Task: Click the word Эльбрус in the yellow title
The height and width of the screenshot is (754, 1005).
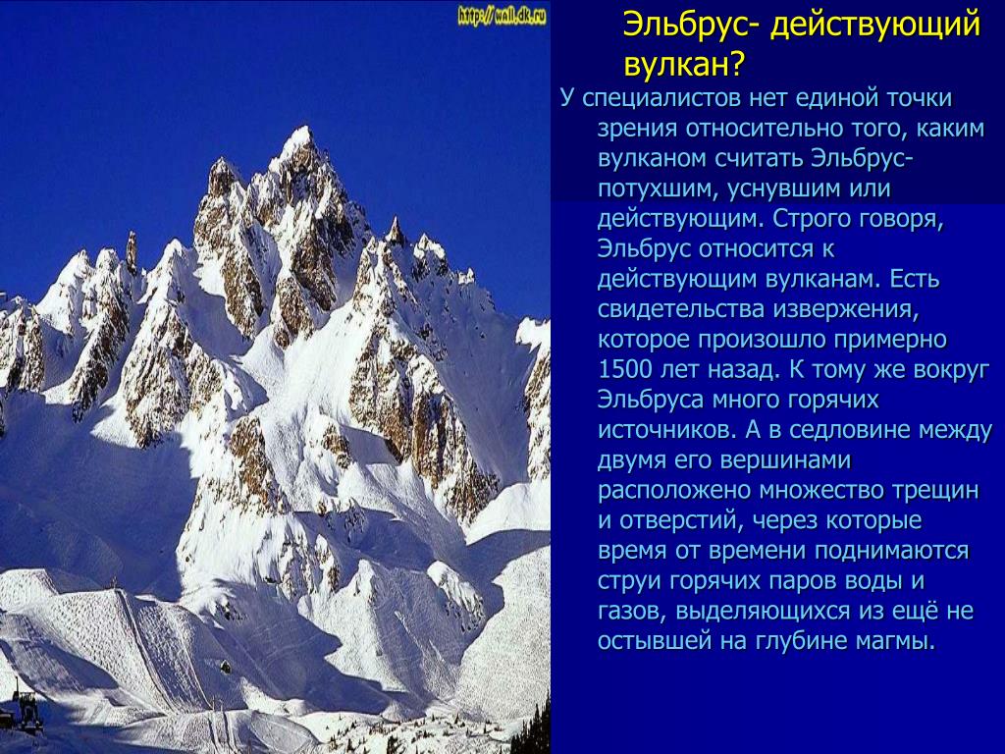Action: point(690,26)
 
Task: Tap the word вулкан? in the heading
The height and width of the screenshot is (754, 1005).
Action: point(684,65)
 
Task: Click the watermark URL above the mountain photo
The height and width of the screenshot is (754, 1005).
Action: point(502,17)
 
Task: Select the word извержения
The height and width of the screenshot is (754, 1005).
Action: point(846,310)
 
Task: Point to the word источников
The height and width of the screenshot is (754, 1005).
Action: point(666,430)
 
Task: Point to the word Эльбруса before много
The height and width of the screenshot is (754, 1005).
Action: point(652,401)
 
